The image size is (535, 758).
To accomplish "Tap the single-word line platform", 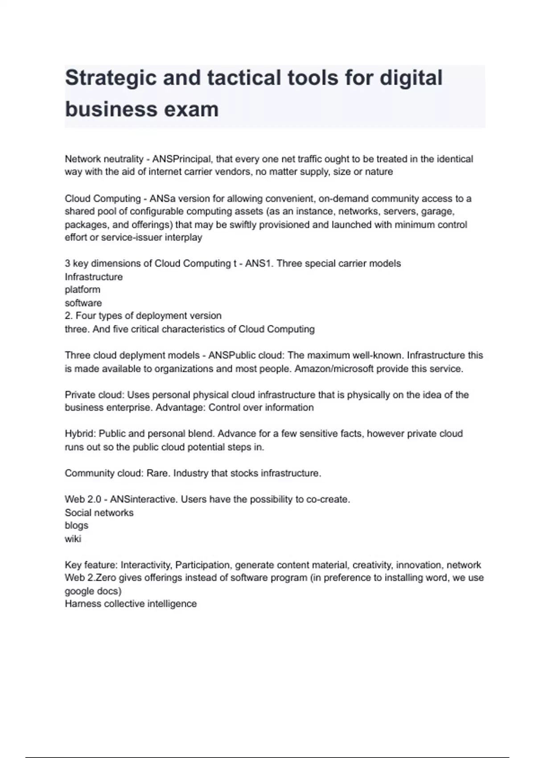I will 82,290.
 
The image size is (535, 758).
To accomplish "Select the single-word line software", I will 83,303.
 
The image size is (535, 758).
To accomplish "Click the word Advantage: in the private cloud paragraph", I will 181,408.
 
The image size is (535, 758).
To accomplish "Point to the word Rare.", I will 158,473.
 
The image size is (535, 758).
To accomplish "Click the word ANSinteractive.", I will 144,499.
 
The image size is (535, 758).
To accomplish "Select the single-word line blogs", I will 77,526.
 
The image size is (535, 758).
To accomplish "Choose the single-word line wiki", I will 73,539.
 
